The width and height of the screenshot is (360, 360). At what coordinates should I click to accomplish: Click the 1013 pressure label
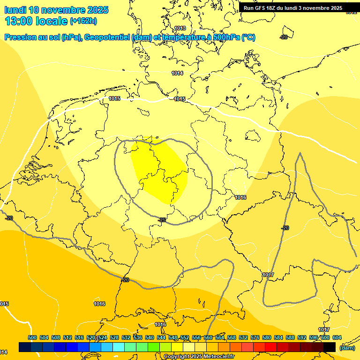[180, 29]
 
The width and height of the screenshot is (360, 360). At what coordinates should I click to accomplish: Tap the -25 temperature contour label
[163, 219]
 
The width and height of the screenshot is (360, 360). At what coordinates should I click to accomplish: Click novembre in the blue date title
[67, 10]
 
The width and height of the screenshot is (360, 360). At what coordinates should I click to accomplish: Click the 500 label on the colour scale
[32, 337]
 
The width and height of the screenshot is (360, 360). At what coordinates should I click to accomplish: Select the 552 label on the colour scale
[185, 337]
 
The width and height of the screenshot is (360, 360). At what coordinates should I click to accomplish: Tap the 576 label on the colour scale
[255, 337]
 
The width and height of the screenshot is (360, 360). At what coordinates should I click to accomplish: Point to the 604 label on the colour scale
[337, 337]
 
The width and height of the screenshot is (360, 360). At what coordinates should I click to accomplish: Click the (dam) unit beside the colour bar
[347, 347]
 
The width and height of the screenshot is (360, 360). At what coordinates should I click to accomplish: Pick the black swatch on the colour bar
[330, 347]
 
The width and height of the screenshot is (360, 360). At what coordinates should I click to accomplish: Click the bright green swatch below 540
[154, 347]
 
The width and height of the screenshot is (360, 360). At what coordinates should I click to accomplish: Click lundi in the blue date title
[15, 10]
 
